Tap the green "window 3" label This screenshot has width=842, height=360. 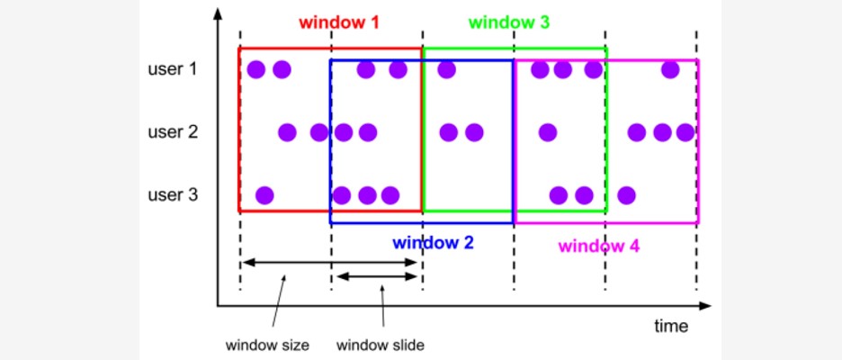click(509, 22)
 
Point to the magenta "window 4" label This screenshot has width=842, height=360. click(599, 245)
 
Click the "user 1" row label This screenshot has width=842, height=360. click(172, 68)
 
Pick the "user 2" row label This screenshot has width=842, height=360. click(172, 132)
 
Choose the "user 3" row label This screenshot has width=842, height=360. click(172, 194)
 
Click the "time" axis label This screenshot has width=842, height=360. click(671, 326)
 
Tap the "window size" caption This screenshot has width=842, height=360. click(267, 345)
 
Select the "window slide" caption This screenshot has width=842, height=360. click(381, 345)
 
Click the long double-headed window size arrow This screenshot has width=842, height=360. click(331, 262)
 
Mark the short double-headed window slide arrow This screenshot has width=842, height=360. click(377, 276)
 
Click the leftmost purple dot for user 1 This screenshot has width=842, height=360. click(256, 68)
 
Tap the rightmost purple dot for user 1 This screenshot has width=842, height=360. click(670, 68)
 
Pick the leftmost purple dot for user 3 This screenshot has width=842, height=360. click(264, 194)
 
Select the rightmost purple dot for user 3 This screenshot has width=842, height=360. click(627, 194)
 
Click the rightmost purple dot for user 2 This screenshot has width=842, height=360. click(685, 132)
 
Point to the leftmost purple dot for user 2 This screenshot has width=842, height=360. click(287, 132)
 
